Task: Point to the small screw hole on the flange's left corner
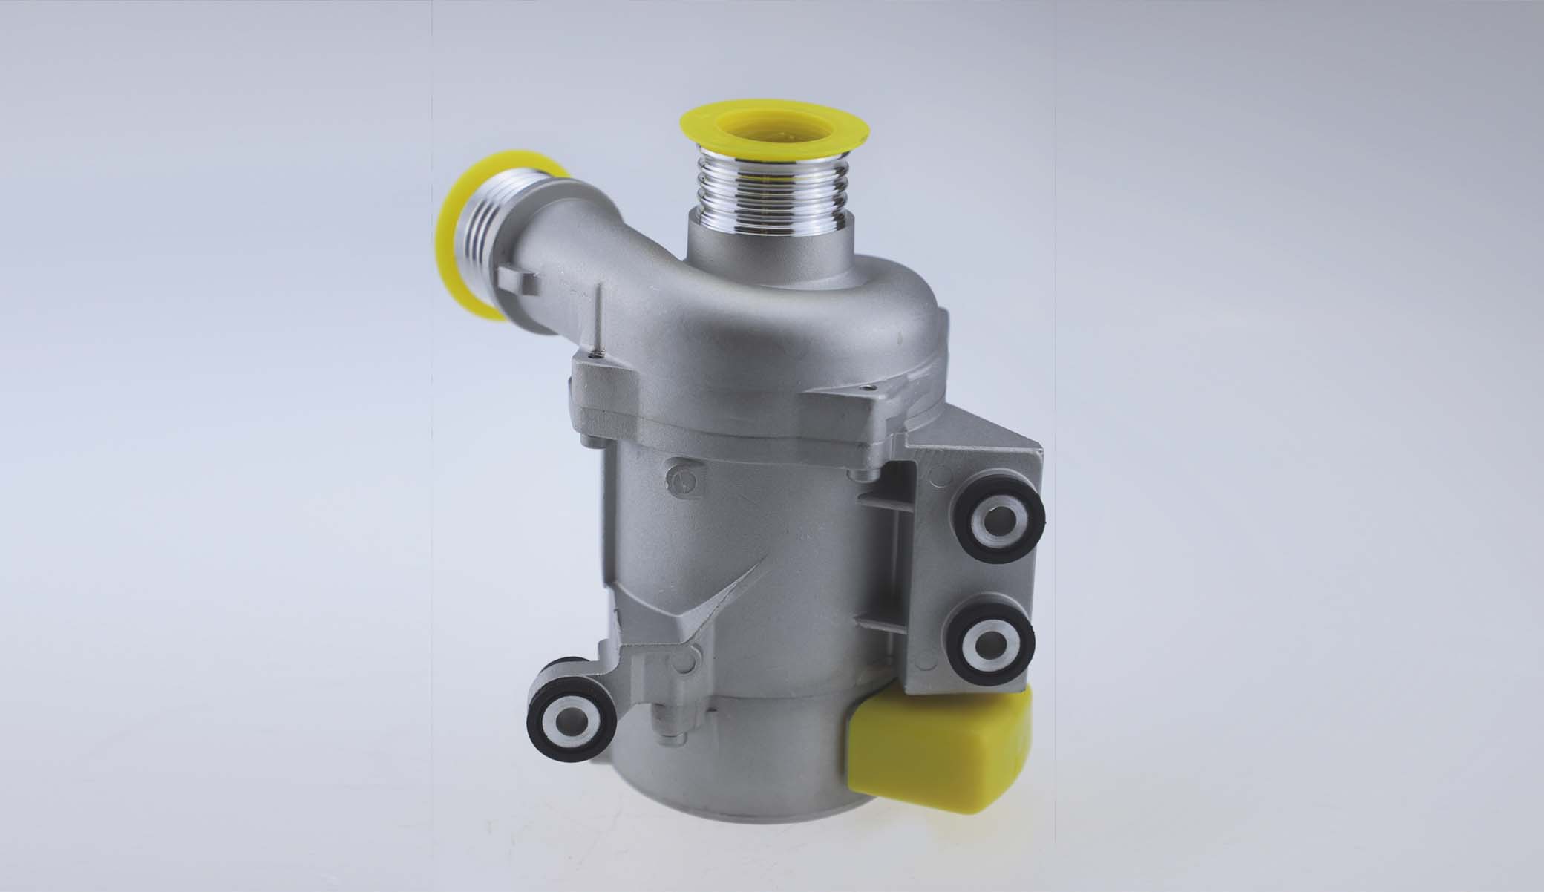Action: tap(592, 358)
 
